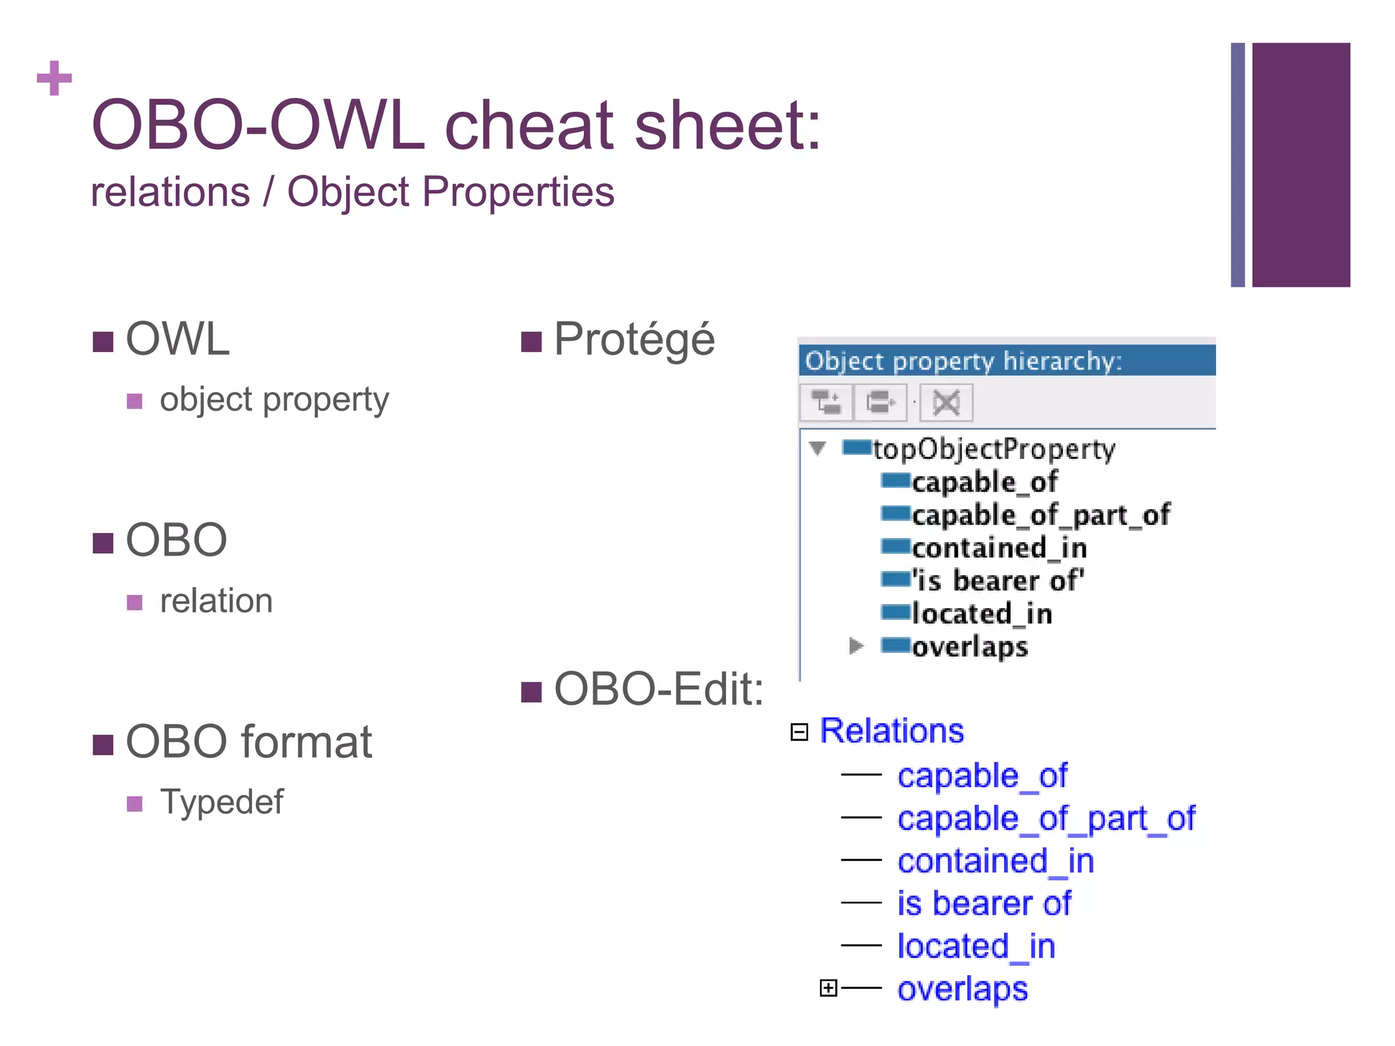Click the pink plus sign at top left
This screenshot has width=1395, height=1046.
(54, 78)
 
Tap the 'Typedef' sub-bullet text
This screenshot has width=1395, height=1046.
(221, 802)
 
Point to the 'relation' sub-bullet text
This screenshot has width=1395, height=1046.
(216, 601)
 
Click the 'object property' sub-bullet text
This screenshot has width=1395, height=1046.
(274, 400)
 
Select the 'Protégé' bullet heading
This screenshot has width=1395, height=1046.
(633, 339)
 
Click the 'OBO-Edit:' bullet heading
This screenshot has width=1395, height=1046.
(658, 689)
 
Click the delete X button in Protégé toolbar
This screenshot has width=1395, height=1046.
(946, 402)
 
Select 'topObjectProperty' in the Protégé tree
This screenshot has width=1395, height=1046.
(994, 449)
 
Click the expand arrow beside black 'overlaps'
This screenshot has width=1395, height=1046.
(856, 646)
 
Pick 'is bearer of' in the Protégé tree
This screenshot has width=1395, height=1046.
(998, 581)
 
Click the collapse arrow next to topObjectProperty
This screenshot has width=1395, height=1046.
(817, 448)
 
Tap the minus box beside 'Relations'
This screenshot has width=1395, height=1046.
(799, 731)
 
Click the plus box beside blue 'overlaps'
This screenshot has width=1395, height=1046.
(828, 987)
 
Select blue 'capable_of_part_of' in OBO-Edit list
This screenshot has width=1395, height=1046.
(1046, 819)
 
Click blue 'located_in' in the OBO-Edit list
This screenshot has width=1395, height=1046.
(976, 947)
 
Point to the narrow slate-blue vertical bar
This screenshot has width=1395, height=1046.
(1237, 165)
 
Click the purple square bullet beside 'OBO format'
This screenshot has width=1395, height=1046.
(103, 744)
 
